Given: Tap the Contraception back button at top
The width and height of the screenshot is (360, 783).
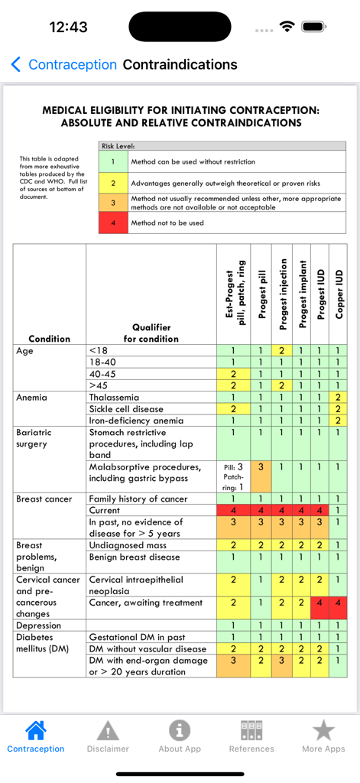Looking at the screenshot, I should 64,65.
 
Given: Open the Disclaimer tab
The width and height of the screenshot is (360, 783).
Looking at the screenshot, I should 108,736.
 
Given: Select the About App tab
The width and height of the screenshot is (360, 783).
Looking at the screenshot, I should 180,736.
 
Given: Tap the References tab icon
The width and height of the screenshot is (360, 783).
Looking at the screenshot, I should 251,731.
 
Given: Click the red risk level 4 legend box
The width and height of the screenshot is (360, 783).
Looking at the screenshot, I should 113,223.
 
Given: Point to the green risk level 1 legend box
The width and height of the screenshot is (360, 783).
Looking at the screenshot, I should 113,162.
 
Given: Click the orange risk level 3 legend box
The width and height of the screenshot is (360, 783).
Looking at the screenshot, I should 113,203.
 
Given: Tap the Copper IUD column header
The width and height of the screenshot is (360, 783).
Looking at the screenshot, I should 339,294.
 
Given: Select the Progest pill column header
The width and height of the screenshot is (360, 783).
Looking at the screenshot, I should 261,294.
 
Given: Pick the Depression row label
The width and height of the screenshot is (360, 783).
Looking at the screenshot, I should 39,625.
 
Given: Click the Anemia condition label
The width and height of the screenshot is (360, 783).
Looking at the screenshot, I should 31,398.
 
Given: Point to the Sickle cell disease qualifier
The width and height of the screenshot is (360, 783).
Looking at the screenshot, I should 126,409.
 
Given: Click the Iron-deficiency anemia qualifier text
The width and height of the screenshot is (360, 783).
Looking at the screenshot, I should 136,421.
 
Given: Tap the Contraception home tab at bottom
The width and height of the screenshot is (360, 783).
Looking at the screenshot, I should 36,736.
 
